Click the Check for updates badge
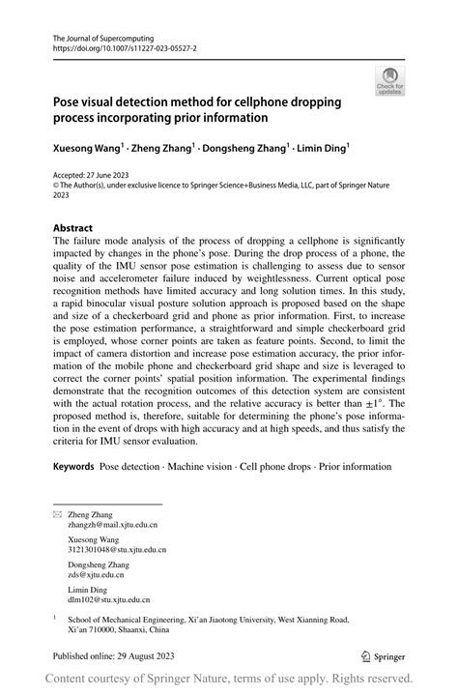click(389, 81)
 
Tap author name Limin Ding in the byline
click(323, 148)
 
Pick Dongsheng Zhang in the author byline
click(246, 148)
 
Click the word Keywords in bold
click(74, 467)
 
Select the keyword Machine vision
click(205, 467)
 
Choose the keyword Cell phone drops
click(281, 467)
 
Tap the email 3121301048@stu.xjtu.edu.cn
click(117, 549)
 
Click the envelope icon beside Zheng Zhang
click(56, 515)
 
